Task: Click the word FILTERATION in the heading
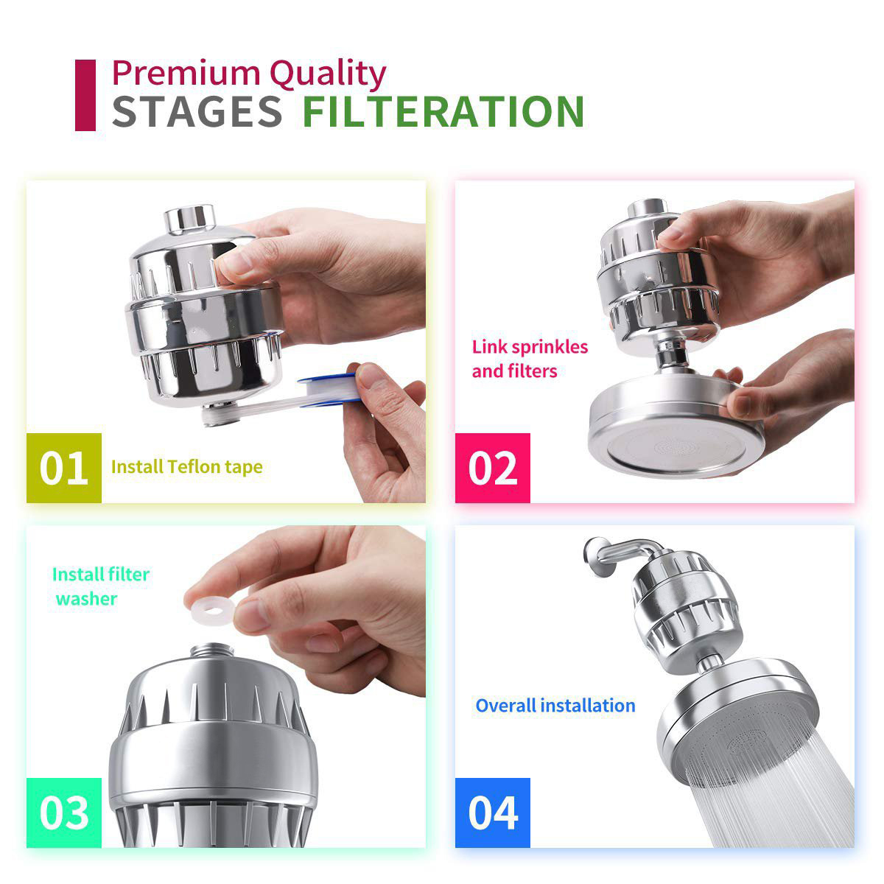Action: [443, 111]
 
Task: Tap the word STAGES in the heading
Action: [197, 111]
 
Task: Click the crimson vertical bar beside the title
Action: [85, 95]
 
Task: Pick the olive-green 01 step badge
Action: [64, 468]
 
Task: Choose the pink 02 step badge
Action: [493, 468]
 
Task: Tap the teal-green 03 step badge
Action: [64, 813]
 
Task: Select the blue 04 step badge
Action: [493, 813]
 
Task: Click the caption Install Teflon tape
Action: [186, 466]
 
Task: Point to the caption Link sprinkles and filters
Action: [530, 359]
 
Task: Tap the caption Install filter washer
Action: [99, 586]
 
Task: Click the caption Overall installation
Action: [555, 705]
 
